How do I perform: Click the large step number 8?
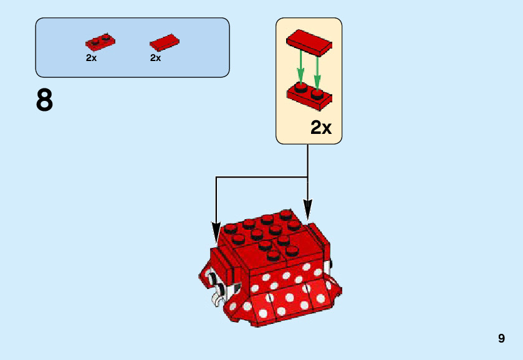pos(45,100)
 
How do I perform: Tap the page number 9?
pos(501,339)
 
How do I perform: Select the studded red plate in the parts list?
pos(100,43)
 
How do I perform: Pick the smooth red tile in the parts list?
pos(165,42)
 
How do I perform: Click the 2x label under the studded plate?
pos(92,58)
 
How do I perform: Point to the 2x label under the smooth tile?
pos(156,58)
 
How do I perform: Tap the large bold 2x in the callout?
pos(321,128)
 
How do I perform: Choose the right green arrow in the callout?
pos(317,70)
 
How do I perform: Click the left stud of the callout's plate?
pos(301,88)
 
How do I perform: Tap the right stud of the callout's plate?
pos(317,93)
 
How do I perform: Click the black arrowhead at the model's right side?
pos(307,208)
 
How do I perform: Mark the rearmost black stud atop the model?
pos(285,214)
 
